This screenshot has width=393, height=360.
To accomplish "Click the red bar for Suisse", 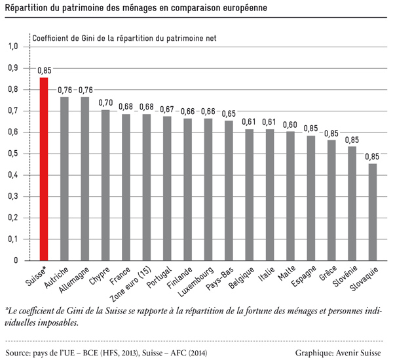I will tap(44, 169).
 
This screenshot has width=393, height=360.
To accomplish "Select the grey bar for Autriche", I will tap(64, 178).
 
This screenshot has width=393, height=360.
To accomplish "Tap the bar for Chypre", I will tap(105, 185).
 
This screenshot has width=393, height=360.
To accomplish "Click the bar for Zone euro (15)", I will tap(146, 187).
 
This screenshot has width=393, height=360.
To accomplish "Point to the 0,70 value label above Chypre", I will tap(105, 103).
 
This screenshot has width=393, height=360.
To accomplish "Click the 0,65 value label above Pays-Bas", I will tap(229, 113).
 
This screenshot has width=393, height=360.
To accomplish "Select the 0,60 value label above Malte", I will tap(290, 125).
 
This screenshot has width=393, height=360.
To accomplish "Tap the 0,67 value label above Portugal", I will tap(167, 110).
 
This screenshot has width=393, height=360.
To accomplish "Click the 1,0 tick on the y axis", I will tap(12, 47).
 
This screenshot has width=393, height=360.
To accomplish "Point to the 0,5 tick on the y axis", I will tap(12, 153).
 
